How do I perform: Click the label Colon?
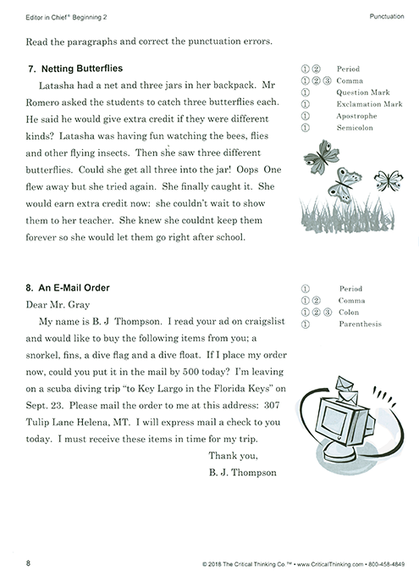coord(348,312)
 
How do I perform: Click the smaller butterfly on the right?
coord(389,180)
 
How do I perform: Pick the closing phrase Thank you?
coord(229,457)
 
